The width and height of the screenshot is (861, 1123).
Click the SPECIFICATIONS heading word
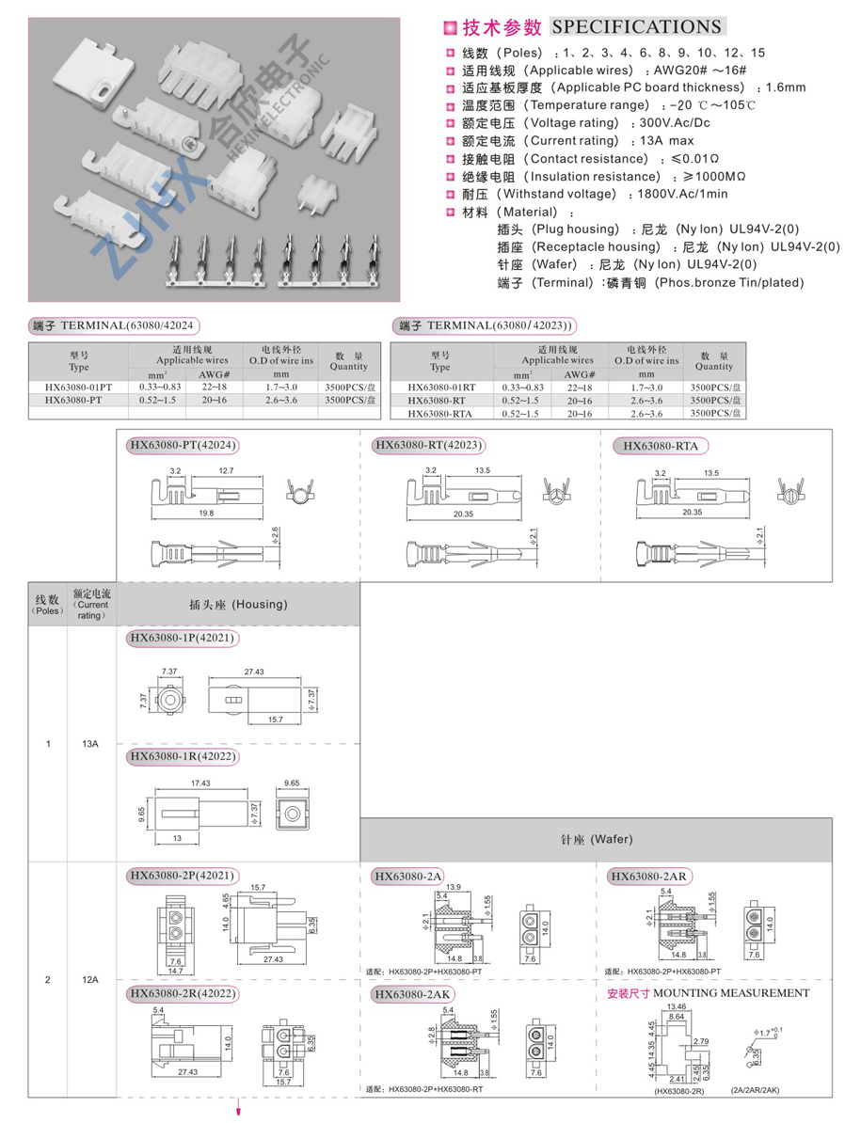(x=636, y=27)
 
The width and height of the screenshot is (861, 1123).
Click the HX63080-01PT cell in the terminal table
(x=79, y=387)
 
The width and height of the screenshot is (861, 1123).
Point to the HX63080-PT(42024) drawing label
(x=183, y=445)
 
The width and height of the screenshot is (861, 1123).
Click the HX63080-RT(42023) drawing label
(x=427, y=445)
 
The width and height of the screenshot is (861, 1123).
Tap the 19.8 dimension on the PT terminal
(x=205, y=514)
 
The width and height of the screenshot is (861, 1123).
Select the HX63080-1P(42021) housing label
(x=182, y=639)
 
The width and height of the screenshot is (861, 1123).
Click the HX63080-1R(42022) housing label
(x=183, y=756)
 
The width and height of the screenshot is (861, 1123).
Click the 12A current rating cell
(x=90, y=980)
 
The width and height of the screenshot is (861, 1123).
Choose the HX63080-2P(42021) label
(x=182, y=876)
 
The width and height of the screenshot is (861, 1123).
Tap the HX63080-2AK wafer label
(x=413, y=994)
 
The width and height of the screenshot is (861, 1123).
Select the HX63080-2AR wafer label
(x=649, y=877)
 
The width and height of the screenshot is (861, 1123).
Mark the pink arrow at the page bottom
(x=239, y=1109)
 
